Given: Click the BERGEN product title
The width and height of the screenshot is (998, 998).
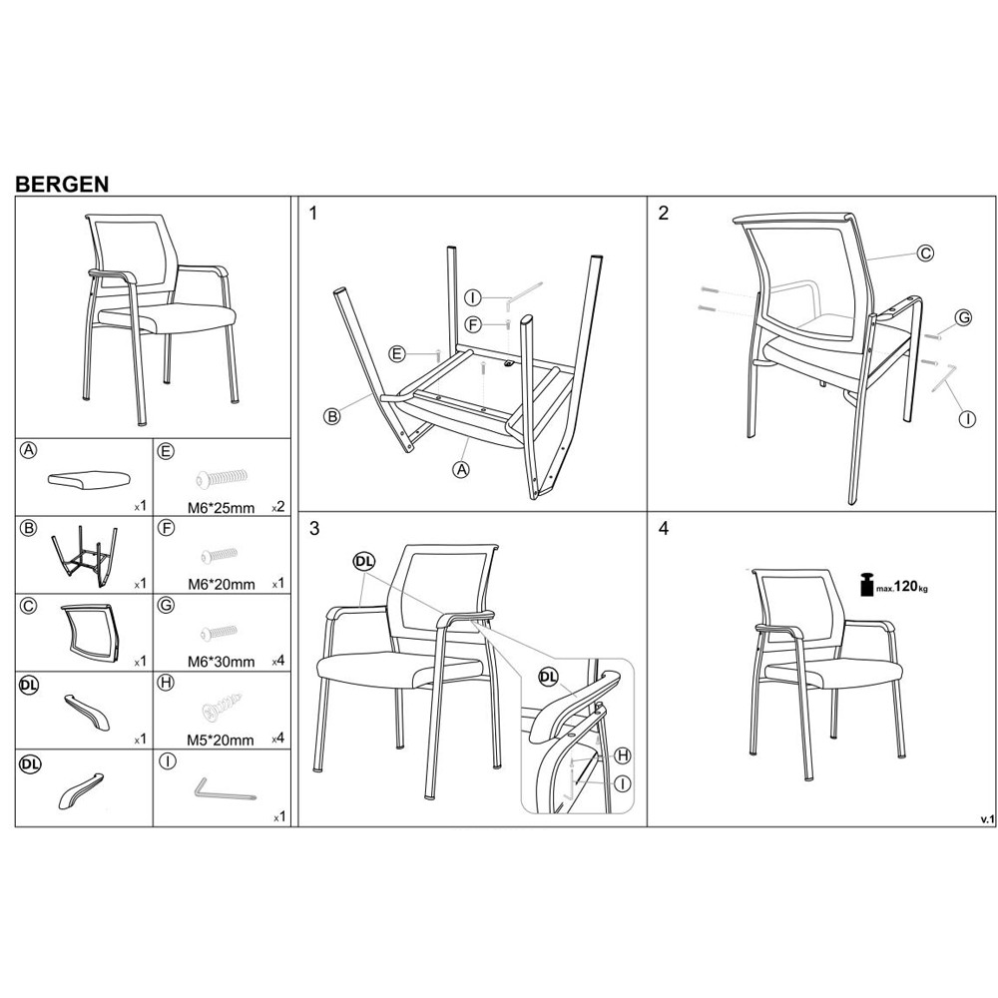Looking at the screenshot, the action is tap(62, 184).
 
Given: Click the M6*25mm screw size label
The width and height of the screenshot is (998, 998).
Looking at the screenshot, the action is tap(221, 508).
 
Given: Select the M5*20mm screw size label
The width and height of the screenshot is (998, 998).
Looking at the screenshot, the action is tap(221, 741).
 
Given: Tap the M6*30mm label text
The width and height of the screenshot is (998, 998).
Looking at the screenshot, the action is tap(221, 662).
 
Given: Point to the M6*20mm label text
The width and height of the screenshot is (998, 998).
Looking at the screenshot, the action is tap(221, 584).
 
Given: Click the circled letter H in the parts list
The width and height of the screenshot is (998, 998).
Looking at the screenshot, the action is tap(166, 683).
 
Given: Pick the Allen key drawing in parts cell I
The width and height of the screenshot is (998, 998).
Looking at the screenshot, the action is tap(225, 789).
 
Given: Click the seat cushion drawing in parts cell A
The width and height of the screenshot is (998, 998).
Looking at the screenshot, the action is tap(89, 478).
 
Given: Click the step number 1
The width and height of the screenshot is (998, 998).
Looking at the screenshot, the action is tap(312, 214).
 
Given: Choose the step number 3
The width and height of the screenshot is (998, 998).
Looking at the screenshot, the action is tap(313, 529).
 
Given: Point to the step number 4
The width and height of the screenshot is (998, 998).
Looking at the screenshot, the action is tap(664, 529).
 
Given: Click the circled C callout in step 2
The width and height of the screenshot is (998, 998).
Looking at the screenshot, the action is tap(926, 253).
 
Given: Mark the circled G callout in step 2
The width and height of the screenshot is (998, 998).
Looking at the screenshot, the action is tap(964, 317).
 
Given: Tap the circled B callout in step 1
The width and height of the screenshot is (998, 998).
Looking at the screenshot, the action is tap(332, 417).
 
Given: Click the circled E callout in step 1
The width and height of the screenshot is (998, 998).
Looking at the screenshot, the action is tap(397, 354).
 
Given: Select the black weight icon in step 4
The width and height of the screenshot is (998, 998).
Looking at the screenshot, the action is tap(866, 584).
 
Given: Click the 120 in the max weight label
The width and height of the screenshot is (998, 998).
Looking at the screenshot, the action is tap(906, 586).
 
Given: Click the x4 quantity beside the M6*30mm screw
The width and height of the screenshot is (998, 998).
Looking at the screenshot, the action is tap(278, 662).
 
